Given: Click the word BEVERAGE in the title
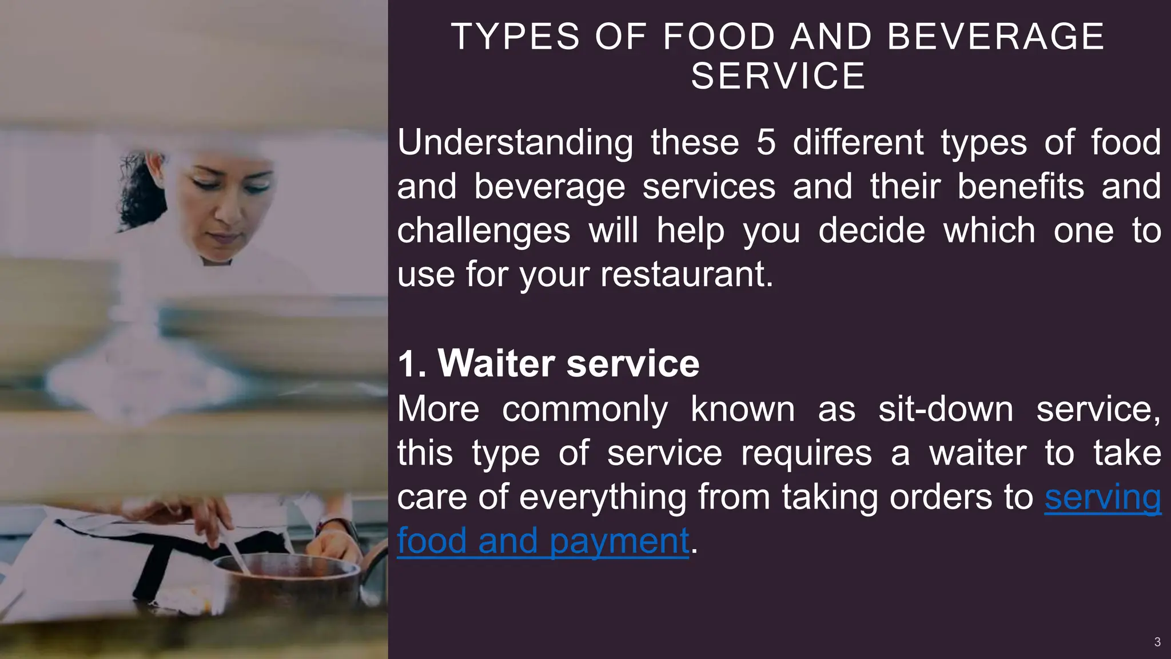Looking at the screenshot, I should point(995,37).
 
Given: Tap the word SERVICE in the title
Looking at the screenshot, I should point(778,76).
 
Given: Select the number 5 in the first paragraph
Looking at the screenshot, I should point(766,142).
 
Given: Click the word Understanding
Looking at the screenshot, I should point(515,142).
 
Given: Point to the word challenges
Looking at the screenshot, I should point(484,231).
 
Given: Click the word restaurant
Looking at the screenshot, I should point(686,275).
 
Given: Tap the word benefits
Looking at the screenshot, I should point(1020,186).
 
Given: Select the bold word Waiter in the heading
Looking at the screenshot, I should point(496,363).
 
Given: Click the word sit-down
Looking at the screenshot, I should point(945,410).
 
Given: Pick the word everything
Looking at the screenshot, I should point(603,497).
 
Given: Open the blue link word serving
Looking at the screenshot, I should point(1102,497).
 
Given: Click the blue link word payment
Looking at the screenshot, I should point(619,541).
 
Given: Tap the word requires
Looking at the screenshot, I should point(806,453).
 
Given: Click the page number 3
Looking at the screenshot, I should point(1157,642).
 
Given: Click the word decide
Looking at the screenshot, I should point(871,231).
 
